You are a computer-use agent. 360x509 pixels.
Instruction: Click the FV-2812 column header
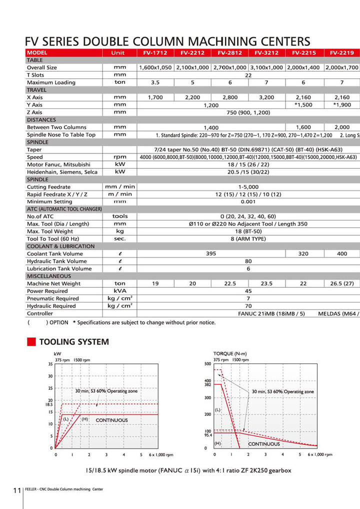(230, 52)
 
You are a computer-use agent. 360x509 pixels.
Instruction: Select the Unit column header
(119, 52)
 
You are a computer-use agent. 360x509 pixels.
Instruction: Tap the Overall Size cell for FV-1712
(155, 67)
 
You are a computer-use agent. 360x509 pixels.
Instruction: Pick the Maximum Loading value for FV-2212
(192, 82)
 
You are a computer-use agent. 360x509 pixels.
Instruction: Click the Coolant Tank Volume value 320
(303, 253)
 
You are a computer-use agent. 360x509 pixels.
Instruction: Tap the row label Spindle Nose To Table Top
(61, 135)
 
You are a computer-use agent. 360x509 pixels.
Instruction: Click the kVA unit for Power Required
(119, 290)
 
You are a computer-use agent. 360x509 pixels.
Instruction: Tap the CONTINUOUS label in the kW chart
(111, 419)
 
